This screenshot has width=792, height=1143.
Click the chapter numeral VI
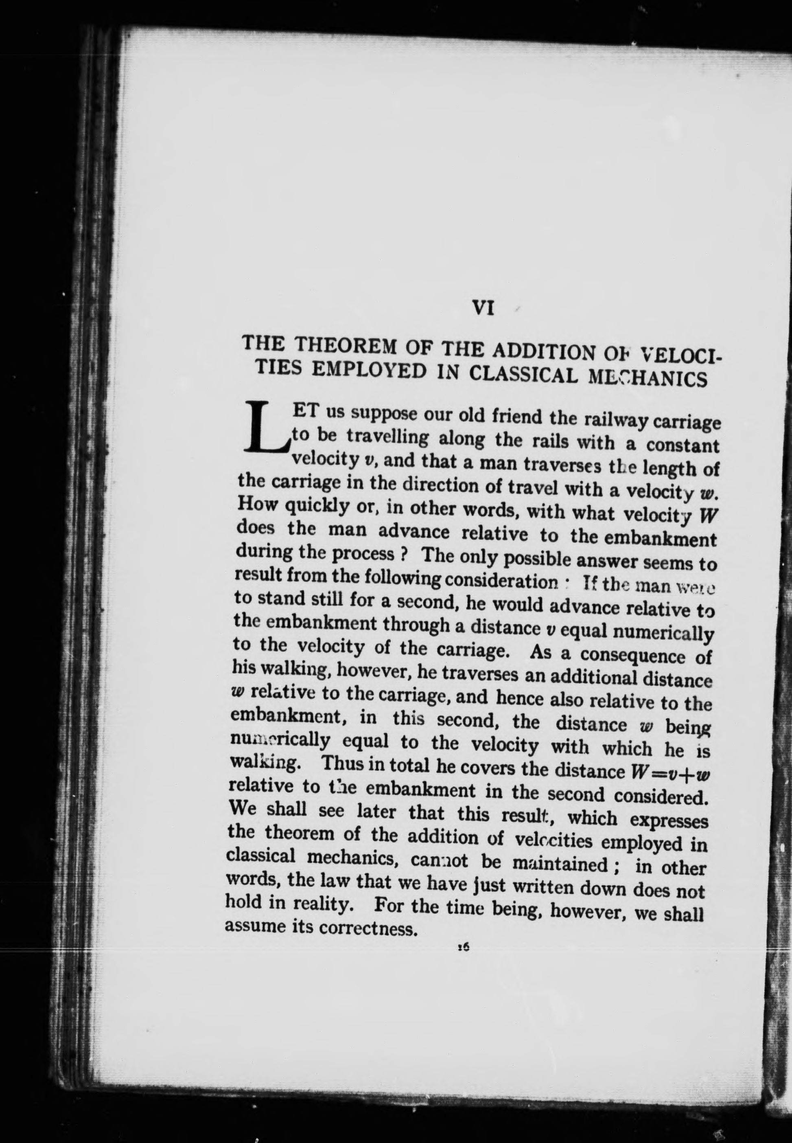[482, 308]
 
